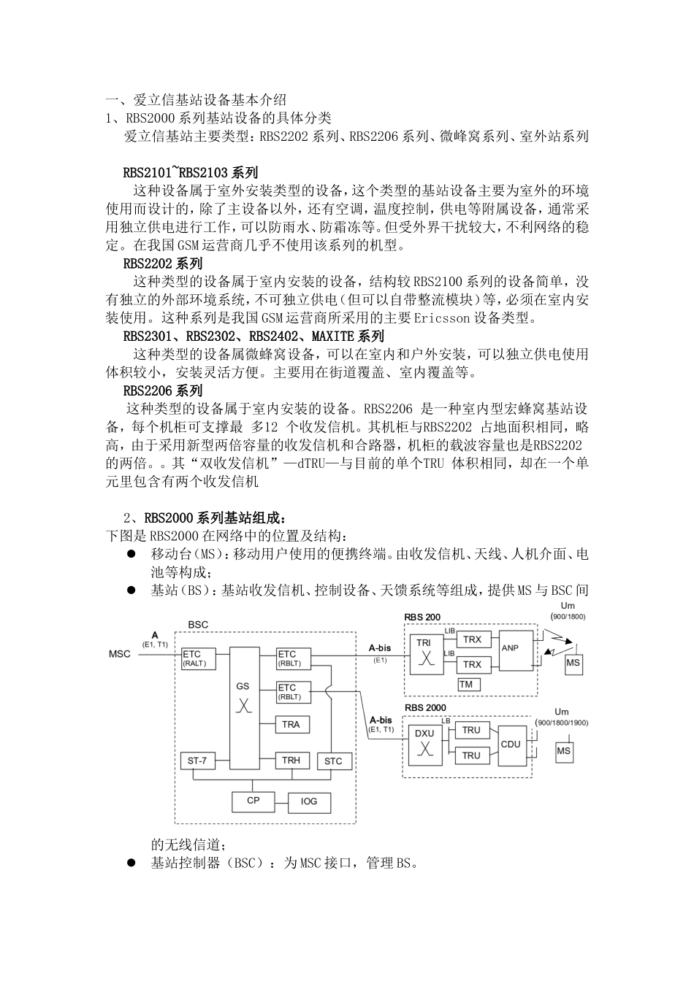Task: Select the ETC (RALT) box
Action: [x=194, y=658]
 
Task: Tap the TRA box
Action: [x=291, y=724]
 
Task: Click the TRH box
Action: [x=291, y=761]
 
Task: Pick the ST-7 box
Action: [x=197, y=761]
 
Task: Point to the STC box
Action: [x=332, y=761]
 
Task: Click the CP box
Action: [x=253, y=801]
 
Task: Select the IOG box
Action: [x=309, y=801]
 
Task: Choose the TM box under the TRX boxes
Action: [x=466, y=684]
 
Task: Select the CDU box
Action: [x=511, y=744]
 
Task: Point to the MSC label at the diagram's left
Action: [x=119, y=653]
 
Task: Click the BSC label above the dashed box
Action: [x=198, y=625]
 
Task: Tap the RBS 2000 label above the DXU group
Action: [x=425, y=708]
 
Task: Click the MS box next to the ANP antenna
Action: [x=573, y=662]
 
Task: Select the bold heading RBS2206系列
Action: [x=162, y=391]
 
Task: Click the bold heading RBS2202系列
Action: [x=162, y=263]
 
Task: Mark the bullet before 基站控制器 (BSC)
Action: [x=132, y=863]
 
